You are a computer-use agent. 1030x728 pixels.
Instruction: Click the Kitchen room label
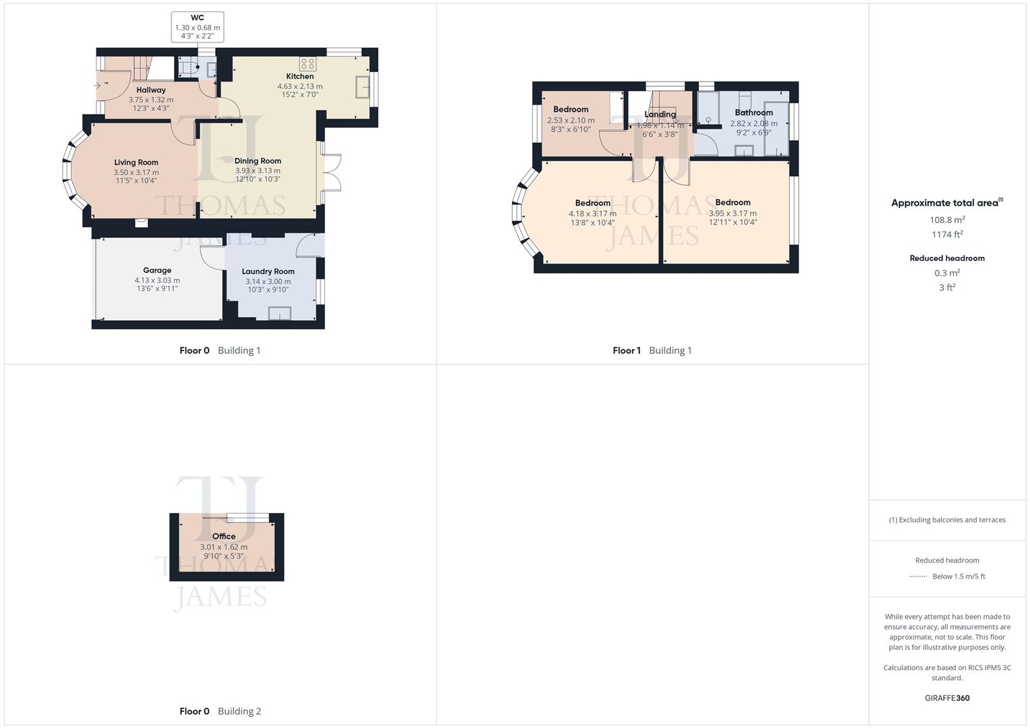(300, 76)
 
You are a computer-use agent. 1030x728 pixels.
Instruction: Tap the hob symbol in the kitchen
(308, 64)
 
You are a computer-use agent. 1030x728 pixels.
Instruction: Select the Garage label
(157, 270)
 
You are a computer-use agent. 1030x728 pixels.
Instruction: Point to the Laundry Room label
(268, 272)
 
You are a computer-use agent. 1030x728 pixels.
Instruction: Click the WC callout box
(198, 27)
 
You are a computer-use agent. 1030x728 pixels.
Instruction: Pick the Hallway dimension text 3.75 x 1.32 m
(151, 100)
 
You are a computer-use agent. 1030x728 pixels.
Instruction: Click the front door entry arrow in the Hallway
(98, 86)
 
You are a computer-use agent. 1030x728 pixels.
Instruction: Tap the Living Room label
(136, 162)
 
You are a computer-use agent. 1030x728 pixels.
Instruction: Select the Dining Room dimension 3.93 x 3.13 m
(258, 171)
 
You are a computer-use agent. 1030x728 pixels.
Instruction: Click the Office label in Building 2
(224, 537)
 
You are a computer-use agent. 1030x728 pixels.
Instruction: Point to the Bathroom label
(753, 113)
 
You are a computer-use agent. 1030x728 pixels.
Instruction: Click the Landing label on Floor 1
(660, 115)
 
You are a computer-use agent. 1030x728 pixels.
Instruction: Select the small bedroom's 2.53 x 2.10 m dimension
(571, 121)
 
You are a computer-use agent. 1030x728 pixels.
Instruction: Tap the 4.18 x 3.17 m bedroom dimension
(592, 214)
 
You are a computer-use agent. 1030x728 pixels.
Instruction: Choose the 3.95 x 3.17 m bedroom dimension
(733, 213)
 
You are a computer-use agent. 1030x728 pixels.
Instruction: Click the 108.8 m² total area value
(947, 220)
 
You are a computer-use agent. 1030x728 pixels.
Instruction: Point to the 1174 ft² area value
(947, 235)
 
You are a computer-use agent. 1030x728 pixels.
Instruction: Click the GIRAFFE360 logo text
(947, 698)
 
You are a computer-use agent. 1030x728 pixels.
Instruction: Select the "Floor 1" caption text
(627, 351)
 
